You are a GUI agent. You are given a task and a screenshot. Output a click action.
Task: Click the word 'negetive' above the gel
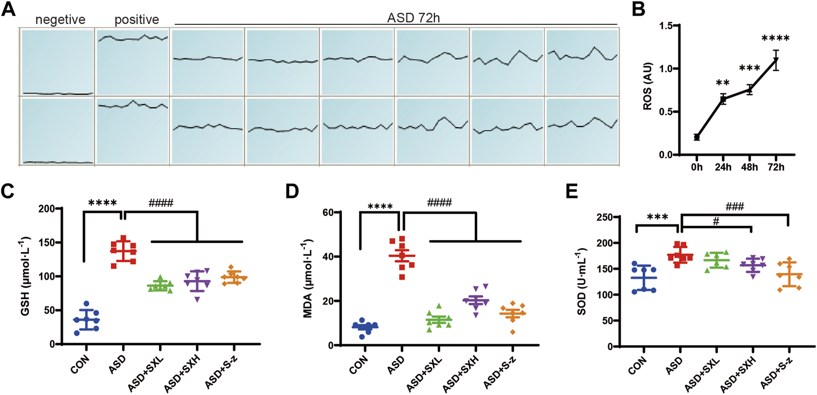(60, 20)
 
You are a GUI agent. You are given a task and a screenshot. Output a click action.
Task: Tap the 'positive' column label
(137, 20)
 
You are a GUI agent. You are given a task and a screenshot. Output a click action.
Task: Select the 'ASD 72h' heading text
(413, 18)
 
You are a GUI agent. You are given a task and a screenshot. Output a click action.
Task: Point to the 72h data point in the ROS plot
(775, 61)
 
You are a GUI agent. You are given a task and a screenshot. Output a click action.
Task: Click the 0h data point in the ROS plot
(697, 137)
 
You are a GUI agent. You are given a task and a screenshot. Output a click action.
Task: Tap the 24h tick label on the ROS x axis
(723, 167)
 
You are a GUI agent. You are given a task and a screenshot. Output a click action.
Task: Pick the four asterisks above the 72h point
(775, 39)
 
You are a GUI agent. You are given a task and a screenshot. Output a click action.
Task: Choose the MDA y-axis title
(308, 278)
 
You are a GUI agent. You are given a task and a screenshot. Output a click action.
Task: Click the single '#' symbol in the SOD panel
(716, 221)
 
